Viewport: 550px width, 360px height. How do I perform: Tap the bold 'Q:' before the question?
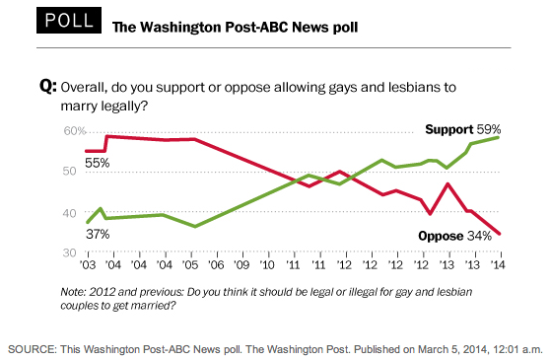point(47,87)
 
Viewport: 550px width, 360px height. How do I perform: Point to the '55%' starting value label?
point(96,162)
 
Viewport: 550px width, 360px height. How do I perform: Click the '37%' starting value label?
point(97,234)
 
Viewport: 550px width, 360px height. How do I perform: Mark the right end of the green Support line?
point(498,137)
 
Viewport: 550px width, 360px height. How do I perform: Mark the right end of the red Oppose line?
point(498,234)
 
